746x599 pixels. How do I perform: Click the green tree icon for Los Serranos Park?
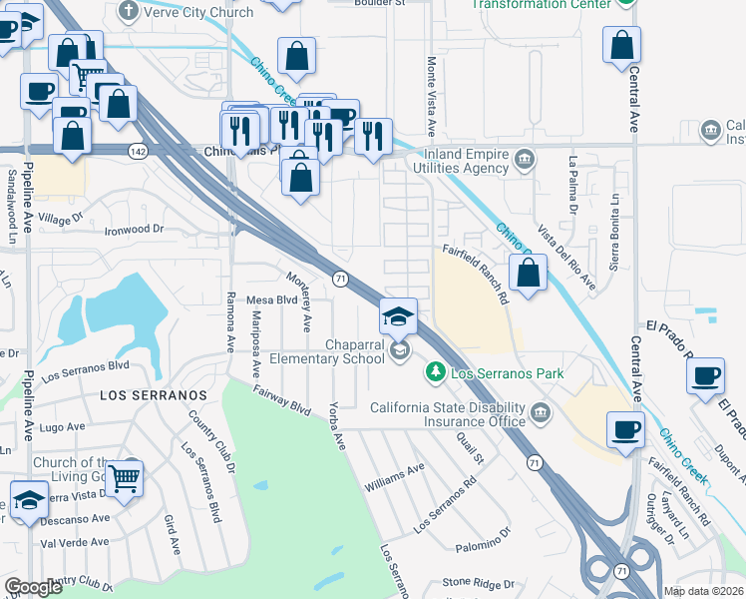[435, 373]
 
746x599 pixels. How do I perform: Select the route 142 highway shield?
[138, 150]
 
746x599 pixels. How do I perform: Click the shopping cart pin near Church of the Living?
[125, 478]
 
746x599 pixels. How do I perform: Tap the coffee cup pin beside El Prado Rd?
[706, 375]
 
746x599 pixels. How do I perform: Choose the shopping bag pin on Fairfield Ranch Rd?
[529, 271]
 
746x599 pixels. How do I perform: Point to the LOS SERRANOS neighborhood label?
[153, 395]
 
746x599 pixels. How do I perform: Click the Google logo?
[33, 587]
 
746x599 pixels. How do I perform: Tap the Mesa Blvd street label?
[272, 299]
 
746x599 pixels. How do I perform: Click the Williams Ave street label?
[395, 476]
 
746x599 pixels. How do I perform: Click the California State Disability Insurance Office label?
[448, 414]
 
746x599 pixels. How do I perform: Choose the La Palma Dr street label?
[572, 186]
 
